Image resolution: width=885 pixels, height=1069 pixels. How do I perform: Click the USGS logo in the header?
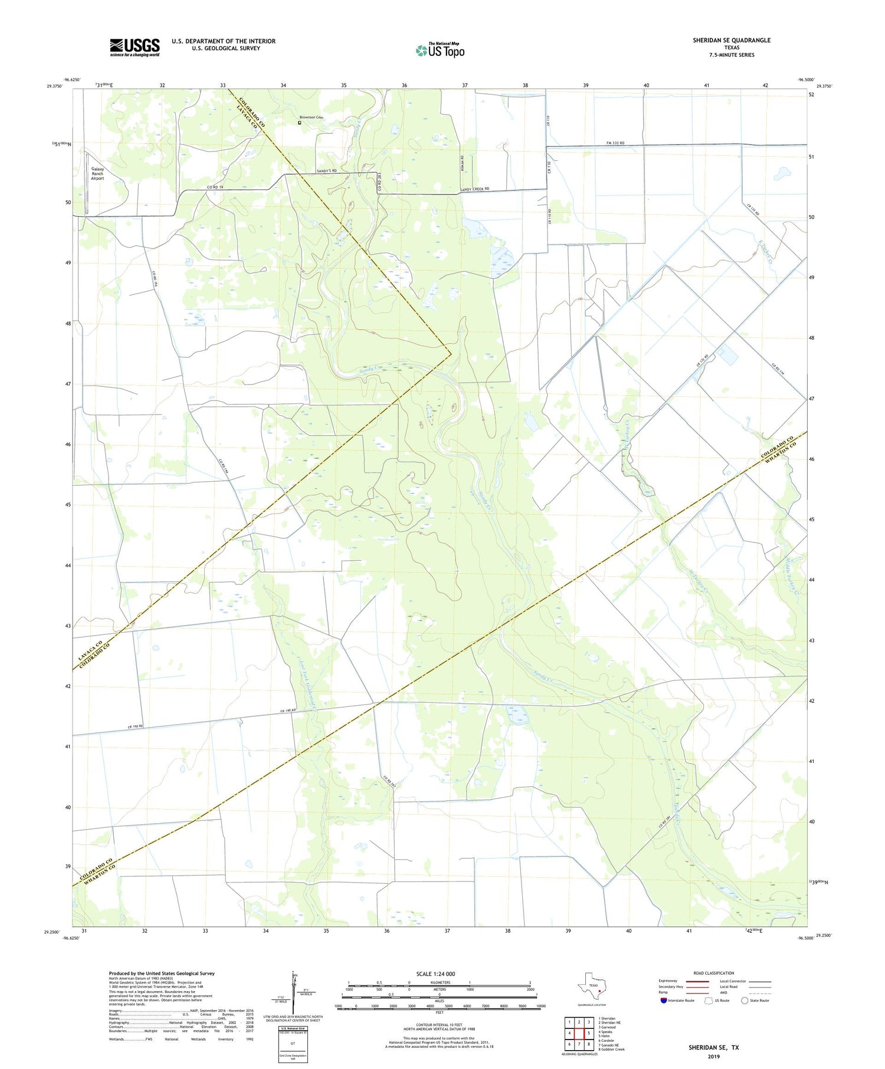tap(135, 47)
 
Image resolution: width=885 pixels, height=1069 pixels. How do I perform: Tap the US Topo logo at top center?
tap(440, 51)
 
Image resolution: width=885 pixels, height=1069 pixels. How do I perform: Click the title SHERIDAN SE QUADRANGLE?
tap(732, 40)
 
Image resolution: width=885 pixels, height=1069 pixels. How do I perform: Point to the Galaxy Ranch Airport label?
tap(97, 173)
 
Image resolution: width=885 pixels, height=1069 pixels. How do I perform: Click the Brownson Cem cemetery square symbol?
tap(300, 123)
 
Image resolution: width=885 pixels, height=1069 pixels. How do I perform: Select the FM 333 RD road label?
tap(615, 143)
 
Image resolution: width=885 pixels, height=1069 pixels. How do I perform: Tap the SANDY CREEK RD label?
tap(475, 189)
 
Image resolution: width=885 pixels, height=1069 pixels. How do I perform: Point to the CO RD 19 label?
tap(215, 187)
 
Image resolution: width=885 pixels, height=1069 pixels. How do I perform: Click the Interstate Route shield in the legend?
tap(664, 1001)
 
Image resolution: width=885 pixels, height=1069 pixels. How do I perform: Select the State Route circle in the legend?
tap(745, 1001)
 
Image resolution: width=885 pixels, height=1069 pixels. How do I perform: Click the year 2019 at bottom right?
tap(713, 1055)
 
